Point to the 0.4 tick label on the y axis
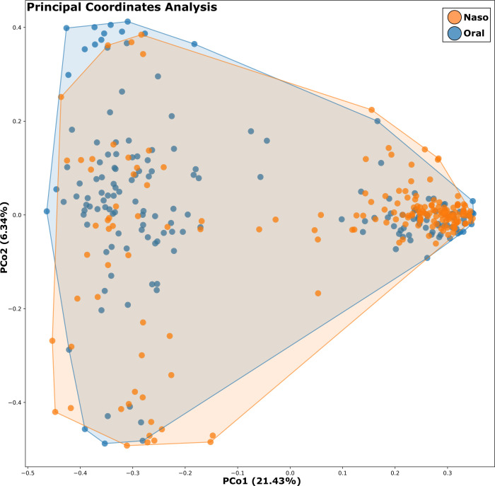13,28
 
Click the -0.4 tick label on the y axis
12,402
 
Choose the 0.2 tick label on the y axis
13,121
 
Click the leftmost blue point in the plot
47,211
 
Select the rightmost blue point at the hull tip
472,201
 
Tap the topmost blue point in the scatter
127,22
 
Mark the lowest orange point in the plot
127,446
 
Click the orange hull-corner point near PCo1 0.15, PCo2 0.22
371,110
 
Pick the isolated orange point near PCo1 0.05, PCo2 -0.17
318,293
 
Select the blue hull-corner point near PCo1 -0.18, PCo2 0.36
194,44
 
